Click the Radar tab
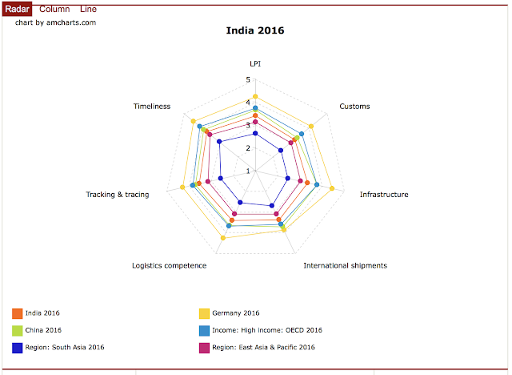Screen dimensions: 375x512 [x=18, y=9]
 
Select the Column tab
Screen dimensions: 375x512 [x=54, y=9]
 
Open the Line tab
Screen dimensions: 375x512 [x=89, y=9]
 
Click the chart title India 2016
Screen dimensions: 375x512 [x=255, y=31]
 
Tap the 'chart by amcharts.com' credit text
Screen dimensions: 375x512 [x=55, y=22]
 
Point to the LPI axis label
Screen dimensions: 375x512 [x=255, y=63]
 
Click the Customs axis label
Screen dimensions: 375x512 [x=354, y=106]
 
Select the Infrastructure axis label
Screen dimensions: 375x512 [x=384, y=195]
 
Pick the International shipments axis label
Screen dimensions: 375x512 [x=345, y=265]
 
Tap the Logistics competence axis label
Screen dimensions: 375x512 [x=169, y=265]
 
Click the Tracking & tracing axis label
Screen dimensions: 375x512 [x=118, y=195]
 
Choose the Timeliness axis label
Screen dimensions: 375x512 [x=152, y=106]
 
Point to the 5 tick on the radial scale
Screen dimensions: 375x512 [x=248, y=79]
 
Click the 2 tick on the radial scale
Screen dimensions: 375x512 [x=248, y=148]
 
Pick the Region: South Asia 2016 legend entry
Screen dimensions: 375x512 [x=64, y=347]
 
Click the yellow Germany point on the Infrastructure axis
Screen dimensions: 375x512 [x=331, y=189]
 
